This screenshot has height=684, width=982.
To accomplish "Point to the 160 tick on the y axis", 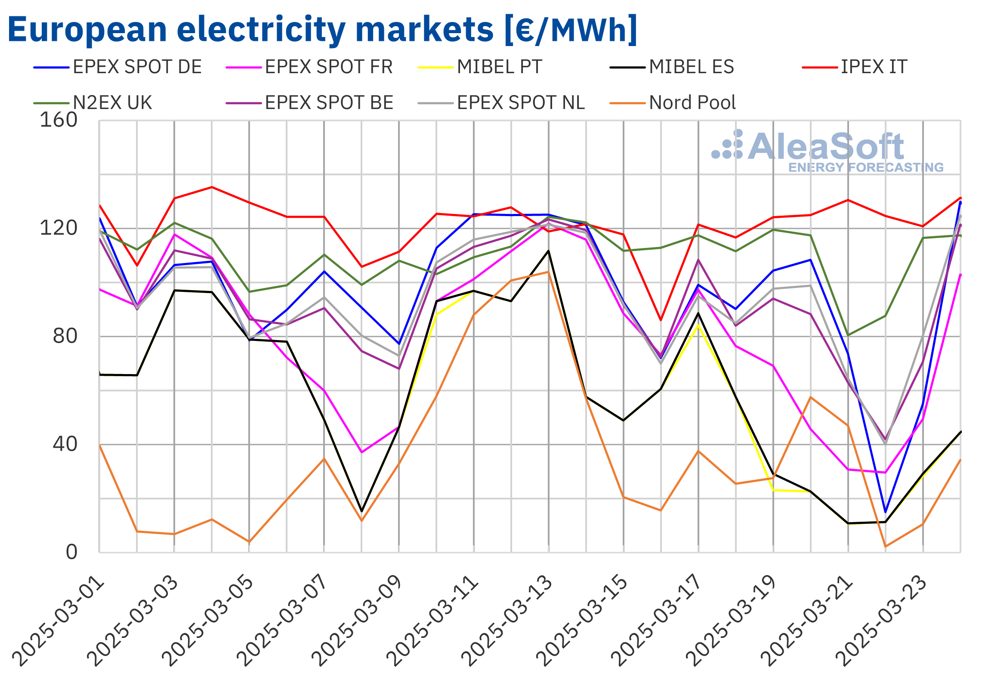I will point(59,120).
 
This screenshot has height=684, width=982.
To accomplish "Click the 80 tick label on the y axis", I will point(65,336).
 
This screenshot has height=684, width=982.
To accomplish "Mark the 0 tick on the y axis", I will point(71,552).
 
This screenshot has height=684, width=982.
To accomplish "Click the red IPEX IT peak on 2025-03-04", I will point(212,187).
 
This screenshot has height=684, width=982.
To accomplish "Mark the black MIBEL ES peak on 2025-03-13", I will point(548,251).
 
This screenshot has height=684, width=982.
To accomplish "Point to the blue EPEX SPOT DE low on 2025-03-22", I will point(885,512).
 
